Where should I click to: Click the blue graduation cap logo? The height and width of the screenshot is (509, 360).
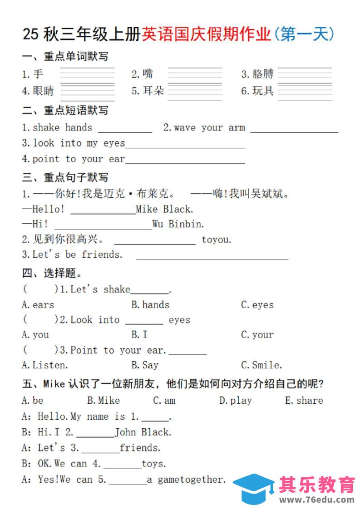point(253,488)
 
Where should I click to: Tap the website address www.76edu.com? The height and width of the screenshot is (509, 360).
point(317,500)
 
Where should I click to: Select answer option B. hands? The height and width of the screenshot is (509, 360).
point(150,305)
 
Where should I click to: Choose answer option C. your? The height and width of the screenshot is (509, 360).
point(257,335)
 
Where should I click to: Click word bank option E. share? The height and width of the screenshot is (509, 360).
point(304,401)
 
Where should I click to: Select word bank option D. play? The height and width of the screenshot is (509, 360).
point(235,401)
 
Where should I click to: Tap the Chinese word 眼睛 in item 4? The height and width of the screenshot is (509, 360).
point(43,91)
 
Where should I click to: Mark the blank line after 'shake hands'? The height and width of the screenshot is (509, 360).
point(125,131)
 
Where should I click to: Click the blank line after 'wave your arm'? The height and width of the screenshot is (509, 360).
point(294,131)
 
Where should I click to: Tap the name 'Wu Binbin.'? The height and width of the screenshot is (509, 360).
point(178,224)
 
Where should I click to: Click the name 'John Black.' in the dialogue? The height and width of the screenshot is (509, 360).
point(143,432)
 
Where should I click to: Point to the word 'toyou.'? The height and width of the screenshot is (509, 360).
point(216,240)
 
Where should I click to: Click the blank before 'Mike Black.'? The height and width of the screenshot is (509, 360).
point(103,212)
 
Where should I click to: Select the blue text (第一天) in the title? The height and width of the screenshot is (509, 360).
point(305,34)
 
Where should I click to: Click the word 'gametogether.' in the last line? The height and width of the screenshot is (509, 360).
point(191,480)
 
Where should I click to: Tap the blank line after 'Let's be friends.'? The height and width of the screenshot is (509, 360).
point(212,258)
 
